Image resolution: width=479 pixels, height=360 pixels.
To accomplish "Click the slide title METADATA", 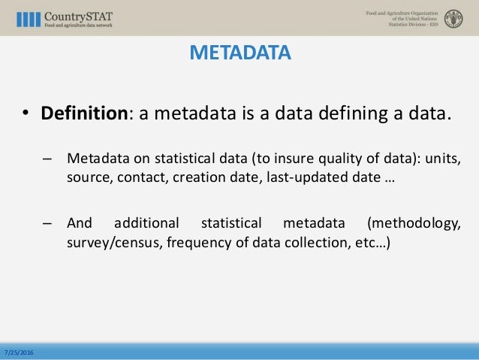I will [x=239, y=53].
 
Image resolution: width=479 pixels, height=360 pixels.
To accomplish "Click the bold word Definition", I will [x=83, y=113].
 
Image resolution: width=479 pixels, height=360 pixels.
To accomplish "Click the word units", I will [x=441, y=159].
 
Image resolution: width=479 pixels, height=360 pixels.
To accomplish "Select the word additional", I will [x=146, y=223].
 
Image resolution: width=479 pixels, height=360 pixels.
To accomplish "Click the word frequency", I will [x=191, y=244].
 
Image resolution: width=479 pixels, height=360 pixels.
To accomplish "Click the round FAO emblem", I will [x=453, y=18].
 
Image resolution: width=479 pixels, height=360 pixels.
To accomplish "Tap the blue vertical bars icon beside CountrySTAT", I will [x=29, y=19].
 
